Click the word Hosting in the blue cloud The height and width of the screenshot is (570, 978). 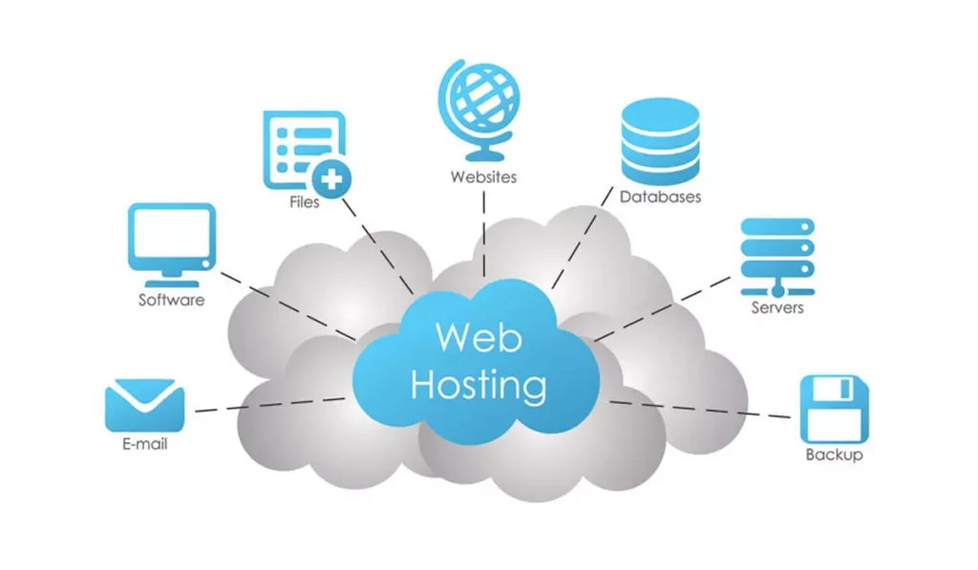coord(478,386)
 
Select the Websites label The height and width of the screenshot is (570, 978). coord(483,177)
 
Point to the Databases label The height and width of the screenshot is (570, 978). coord(660,198)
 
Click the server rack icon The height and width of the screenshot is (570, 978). coord(776,255)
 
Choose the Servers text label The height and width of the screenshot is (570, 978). coord(776,308)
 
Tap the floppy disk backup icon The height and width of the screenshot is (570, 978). coord(834,408)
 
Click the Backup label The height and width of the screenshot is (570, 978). coord(834,455)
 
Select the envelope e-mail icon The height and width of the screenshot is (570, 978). coord(144,405)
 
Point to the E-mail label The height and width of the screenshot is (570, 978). coord(144,444)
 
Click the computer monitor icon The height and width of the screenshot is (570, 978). coord(172,243)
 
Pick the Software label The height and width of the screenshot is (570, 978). coord(172,300)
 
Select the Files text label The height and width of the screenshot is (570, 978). coord(305,202)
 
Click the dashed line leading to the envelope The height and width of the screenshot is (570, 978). coord(267,405)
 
